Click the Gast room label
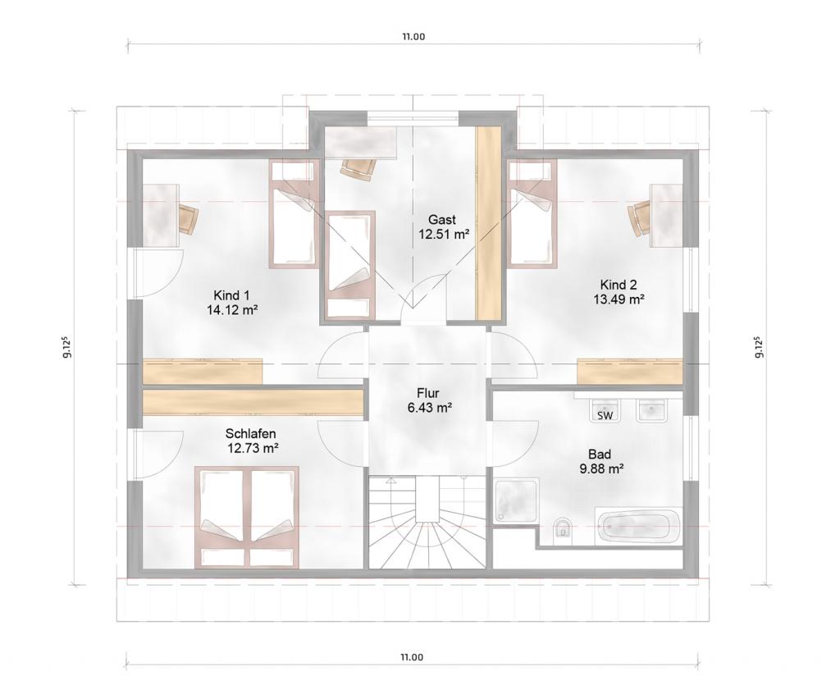tap(442, 220)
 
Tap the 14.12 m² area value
tap(232, 309)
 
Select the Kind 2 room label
tap(619, 284)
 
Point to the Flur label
tap(428, 394)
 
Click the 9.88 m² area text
tap(600, 469)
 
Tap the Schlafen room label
tap(251, 433)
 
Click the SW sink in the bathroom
tap(605, 411)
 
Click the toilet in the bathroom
tap(561, 528)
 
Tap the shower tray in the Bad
tap(515, 501)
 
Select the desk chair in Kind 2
tap(639, 218)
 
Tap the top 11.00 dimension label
tap(413, 37)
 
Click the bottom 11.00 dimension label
tap(413, 657)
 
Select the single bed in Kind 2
tap(532, 213)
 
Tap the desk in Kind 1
tap(160, 215)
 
